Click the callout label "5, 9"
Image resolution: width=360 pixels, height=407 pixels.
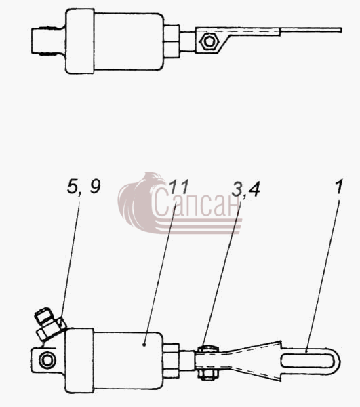pyautogui.click(x=83, y=187)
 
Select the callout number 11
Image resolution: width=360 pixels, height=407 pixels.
pyautogui.click(x=179, y=187)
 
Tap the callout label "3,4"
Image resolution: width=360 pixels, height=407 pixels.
pyautogui.click(x=246, y=189)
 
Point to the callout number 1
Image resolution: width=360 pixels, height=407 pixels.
pyautogui.click(x=338, y=187)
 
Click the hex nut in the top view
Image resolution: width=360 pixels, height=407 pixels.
pyautogui.click(x=209, y=41)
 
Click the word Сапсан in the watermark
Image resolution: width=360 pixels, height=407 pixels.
pyautogui.click(x=196, y=202)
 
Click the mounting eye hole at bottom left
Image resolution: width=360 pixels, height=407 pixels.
pyautogui.click(x=47, y=360)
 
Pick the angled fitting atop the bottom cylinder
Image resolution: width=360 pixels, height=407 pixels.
pyautogui.click(x=49, y=324)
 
